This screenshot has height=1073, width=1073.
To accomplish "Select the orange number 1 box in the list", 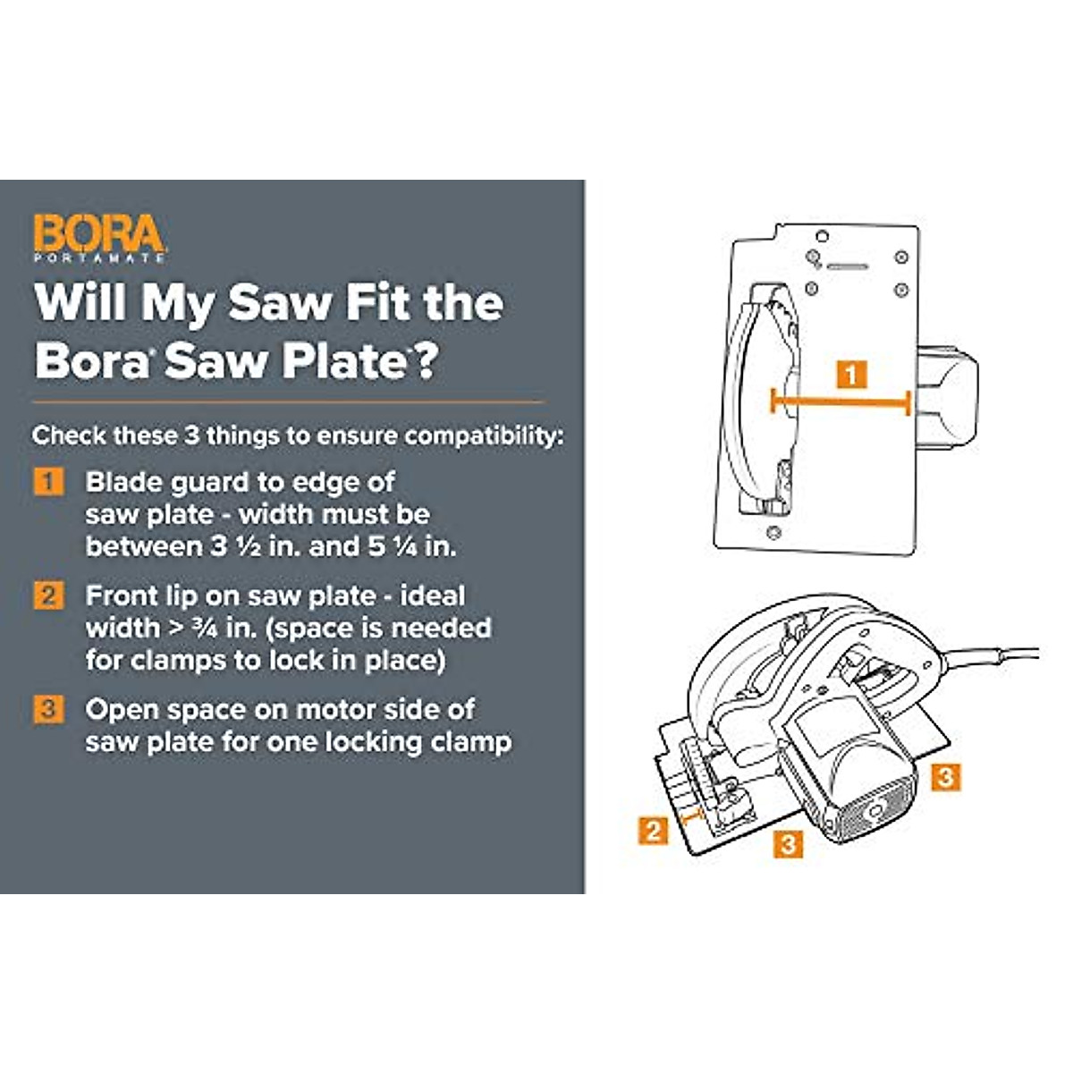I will [48, 482].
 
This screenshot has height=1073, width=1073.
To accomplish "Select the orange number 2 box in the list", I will [48, 596].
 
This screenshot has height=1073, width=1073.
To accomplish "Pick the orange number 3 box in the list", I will [48, 709].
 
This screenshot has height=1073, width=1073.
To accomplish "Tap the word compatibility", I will [484, 436].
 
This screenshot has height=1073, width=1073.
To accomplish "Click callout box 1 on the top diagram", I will [851, 374].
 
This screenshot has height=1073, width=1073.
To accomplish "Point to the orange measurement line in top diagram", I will [841, 402].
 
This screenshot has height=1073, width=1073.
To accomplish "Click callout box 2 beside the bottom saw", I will [654, 831].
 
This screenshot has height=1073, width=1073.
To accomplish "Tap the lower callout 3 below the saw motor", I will [787, 842].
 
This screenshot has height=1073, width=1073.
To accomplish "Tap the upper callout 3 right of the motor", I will [945, 776].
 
